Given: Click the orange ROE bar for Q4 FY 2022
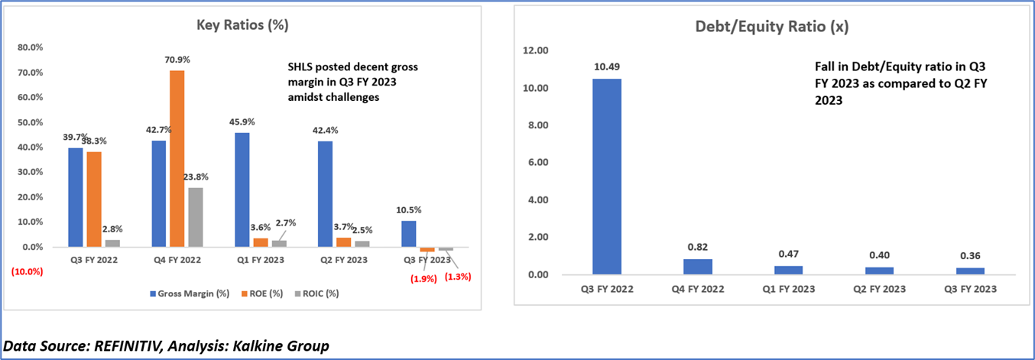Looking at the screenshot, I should (177, 158).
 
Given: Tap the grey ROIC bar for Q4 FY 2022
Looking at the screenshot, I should (195, 217).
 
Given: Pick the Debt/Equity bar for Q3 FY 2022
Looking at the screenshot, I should (607, 177).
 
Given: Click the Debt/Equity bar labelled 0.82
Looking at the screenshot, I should (697, 267).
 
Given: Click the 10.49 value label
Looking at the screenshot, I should (607, 66).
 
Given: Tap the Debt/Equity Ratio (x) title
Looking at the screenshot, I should (772, 28).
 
